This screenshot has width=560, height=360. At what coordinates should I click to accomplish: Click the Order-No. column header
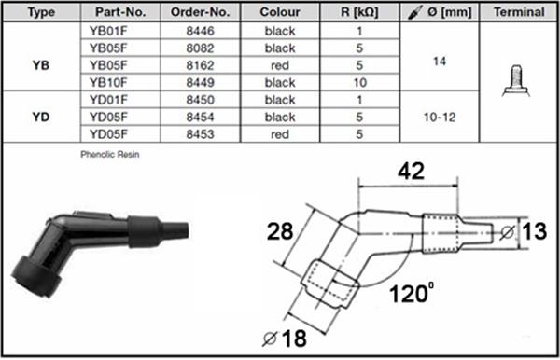pyautogui.click(x=200, y=12)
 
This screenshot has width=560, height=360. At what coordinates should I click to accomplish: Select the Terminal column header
pyautogui.click(x=519, y=12)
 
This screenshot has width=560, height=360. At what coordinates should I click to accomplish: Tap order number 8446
pyautogui.click(x=200, y=31)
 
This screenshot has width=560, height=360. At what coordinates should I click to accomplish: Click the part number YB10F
pyautogui.click(x=108, y=83)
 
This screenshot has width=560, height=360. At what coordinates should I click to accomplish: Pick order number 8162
pyautogui.click(x=200, y=65)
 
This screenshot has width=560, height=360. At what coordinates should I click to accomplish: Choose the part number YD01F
pyautogui.click(x=108, y=100)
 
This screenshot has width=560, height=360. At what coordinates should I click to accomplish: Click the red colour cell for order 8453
pyautogui.click(x=280, y=134)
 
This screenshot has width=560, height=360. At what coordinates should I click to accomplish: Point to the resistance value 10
pyautogui.click(x=359, y=83)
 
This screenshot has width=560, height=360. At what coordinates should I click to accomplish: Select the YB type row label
pyautogui.click(x=41, y=65)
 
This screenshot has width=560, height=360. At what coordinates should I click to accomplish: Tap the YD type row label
pyautogui.click(x=41, y=117)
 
